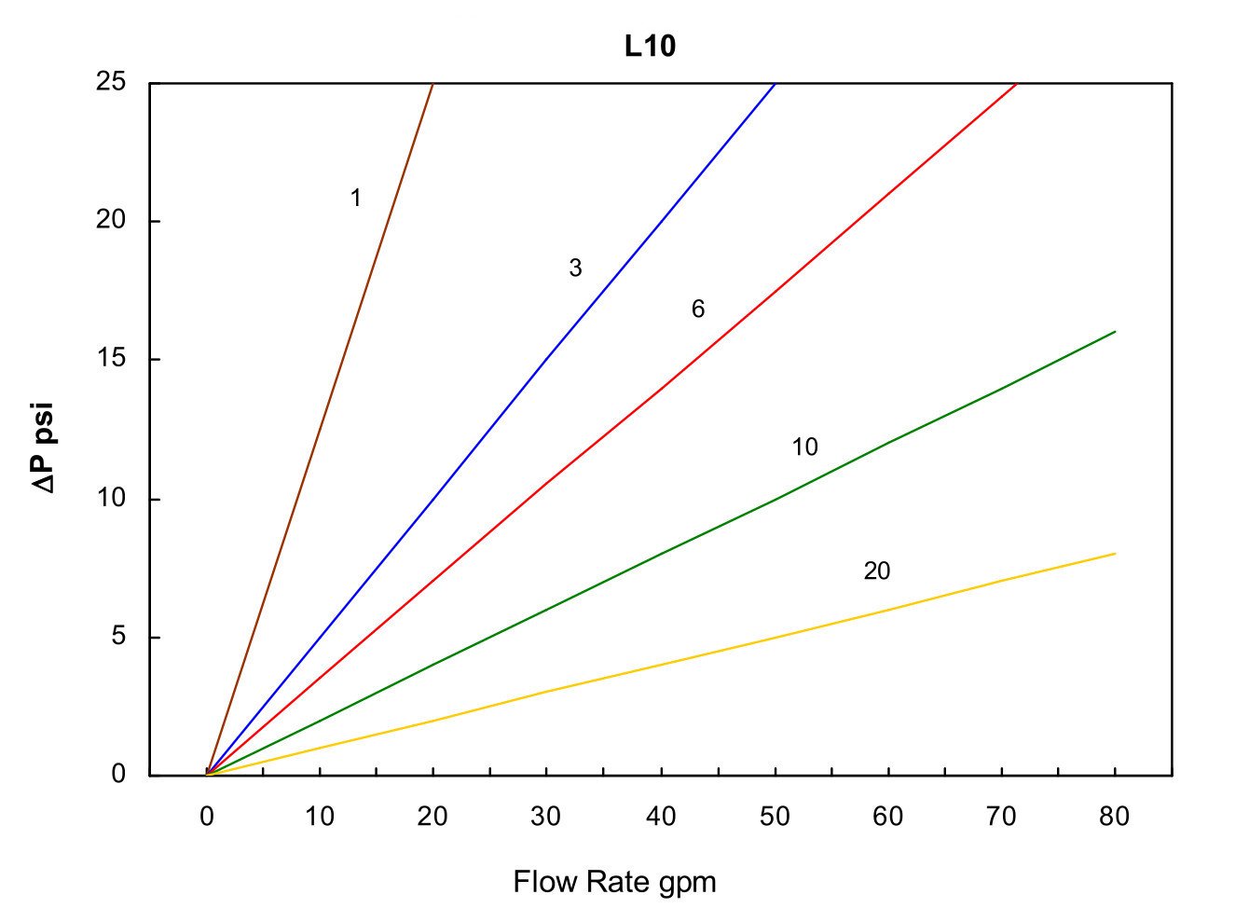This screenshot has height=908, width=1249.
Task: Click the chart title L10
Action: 650,47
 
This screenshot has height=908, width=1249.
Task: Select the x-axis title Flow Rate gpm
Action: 614,882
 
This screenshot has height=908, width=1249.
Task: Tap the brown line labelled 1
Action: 320,430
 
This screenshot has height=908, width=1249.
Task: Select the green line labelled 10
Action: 662,554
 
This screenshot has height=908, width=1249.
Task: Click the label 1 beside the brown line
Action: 355,199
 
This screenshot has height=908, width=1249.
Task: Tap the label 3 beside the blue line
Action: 575,268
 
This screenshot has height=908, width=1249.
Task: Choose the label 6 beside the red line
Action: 698,309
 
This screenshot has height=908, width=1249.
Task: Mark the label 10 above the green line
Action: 804,447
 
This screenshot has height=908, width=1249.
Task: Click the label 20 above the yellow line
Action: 876,571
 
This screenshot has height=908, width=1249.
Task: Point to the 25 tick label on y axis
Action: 111,82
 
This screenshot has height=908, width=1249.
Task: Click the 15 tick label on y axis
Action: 111,359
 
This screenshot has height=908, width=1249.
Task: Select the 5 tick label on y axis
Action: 118,637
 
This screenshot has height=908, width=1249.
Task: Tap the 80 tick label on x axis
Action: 1114,818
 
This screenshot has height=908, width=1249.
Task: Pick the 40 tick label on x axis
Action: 661,818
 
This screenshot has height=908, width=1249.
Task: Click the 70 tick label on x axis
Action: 1001,818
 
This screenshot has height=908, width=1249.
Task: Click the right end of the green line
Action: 1114,332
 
